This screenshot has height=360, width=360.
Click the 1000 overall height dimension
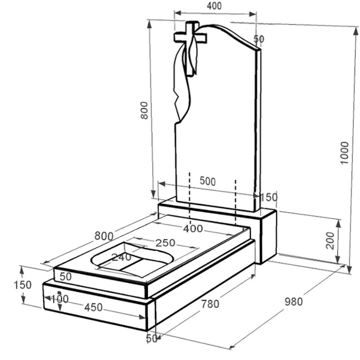click(x=344, y=152)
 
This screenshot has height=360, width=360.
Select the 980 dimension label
click(x=294, y=301)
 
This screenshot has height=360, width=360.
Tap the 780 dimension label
click(x=210, y=304)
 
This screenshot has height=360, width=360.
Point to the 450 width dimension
click(x=93, y=307)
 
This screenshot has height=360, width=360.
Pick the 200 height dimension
click(x=330, y=240)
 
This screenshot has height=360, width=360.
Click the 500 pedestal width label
click(x=208, y=181)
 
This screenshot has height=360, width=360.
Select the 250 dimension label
click(x=165, y=243)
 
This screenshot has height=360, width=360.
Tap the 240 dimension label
click(x=121, y=257)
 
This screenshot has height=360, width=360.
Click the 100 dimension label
click(x=59, y=299)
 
